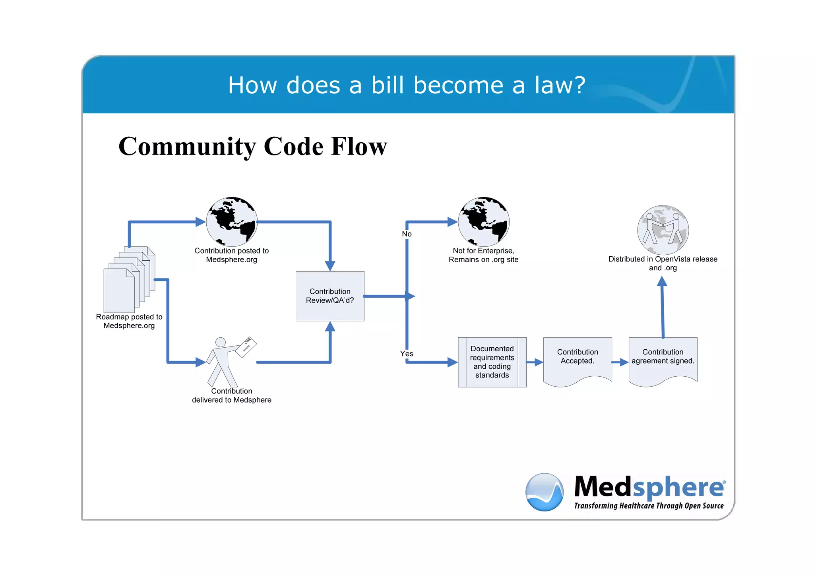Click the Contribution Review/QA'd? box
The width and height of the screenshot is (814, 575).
point(330,296)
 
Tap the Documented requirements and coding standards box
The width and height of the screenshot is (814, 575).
point(492,362)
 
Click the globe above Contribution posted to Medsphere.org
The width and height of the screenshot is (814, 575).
point(232,222)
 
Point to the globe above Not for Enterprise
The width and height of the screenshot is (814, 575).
point(484,222)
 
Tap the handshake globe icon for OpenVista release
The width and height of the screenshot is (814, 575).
point(663,230)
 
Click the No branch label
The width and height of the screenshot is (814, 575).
point(407,234)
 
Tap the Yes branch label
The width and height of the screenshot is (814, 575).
point(407,354)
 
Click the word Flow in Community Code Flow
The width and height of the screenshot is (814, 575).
point(359,146)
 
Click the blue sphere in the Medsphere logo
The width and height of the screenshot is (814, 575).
point(545,492)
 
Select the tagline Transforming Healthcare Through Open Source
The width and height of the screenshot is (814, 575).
point(649,506)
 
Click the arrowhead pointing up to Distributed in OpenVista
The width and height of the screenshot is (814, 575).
point(662,281)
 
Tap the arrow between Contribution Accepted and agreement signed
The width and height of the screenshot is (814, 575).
point(620,362)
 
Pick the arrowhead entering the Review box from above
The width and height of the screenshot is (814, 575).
point(330,266)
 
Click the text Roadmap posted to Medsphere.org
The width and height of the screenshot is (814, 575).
point(129,321)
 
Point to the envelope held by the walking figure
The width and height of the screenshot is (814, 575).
point(246,347)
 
